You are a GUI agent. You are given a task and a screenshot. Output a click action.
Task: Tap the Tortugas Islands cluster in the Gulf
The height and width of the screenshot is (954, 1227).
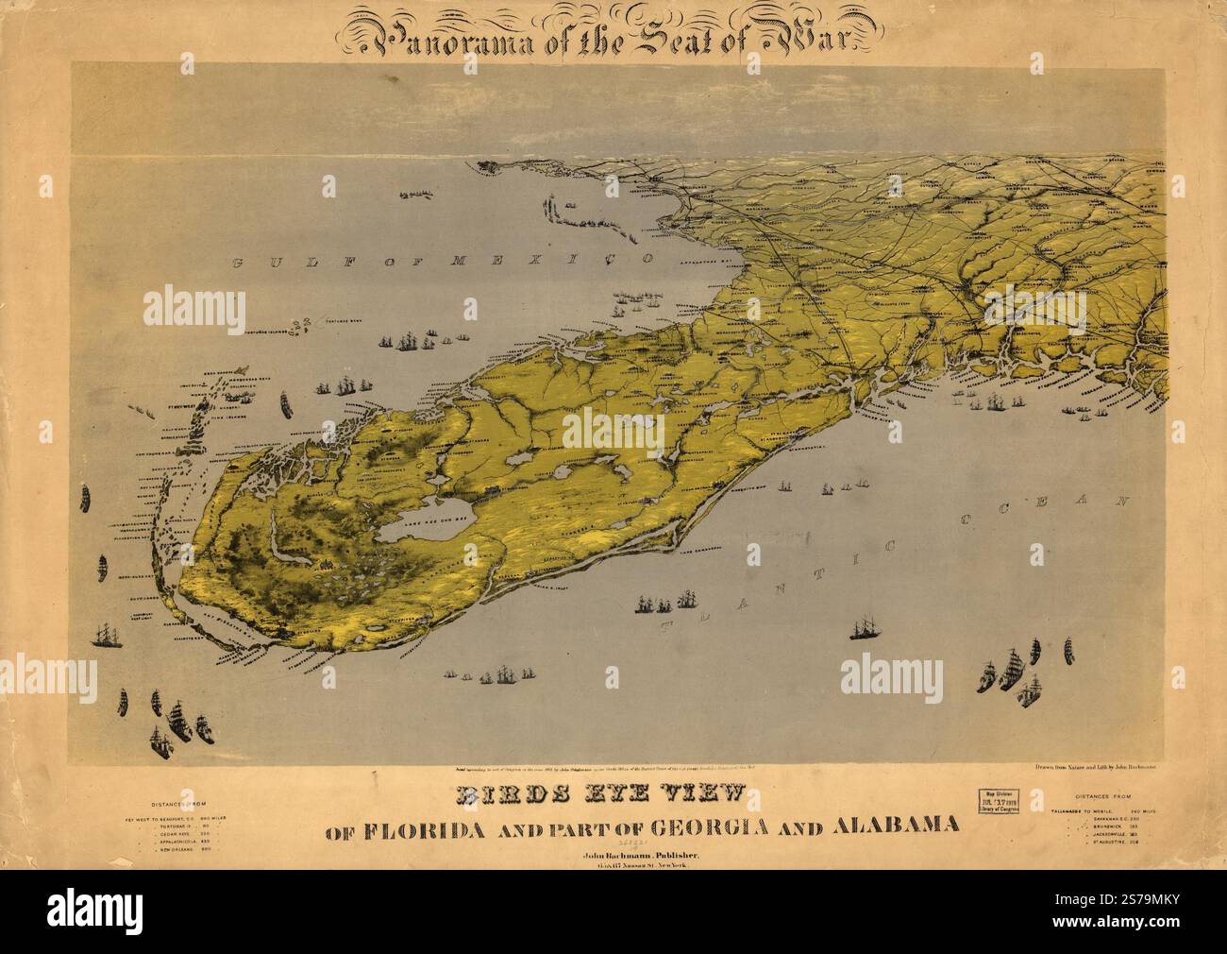[x=302, y=327]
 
